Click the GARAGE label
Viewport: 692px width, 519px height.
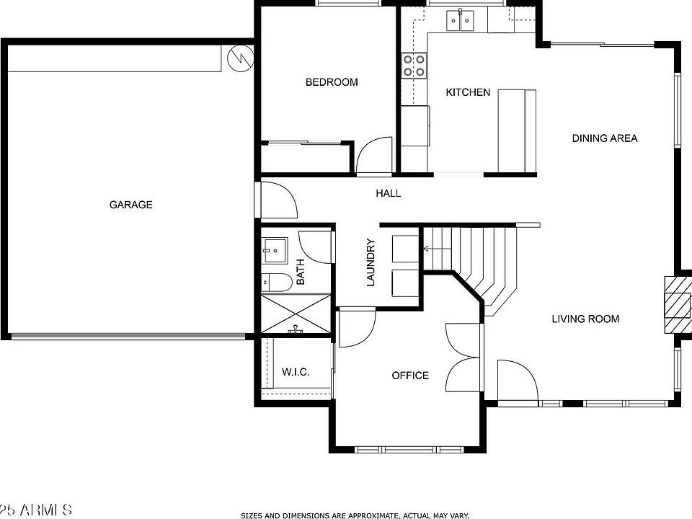coord(130,205)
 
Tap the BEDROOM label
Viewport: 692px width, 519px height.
coord(332,82)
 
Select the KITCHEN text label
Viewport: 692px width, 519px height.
coord(468,92)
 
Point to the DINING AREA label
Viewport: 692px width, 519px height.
coord(605,138)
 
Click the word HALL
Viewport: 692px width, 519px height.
coord(388,193)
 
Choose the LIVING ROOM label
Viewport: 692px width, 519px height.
coord(585,319)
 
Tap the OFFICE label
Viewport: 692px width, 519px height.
coord(410,376)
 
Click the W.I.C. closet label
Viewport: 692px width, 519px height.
coord(296,372)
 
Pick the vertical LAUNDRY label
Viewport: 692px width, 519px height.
coord(371,262)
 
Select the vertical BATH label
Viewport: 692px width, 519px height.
coord(301,272)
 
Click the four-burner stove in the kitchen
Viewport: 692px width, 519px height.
coord(414,66)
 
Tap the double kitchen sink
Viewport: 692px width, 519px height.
coord(460,21)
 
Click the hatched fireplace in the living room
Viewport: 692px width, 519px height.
coord(677,303)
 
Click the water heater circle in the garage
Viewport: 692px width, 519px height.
coord(240,57)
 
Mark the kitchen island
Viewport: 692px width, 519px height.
coord(517,130)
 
